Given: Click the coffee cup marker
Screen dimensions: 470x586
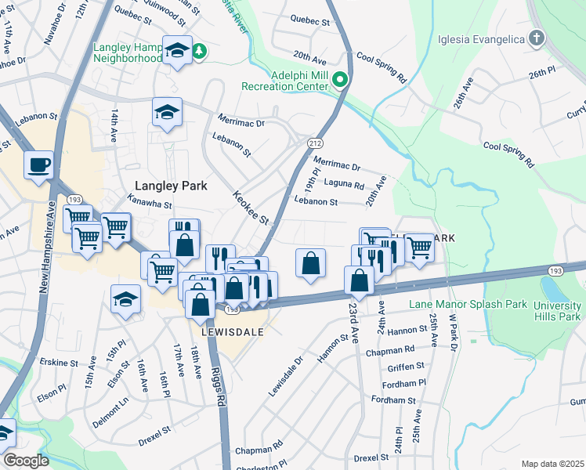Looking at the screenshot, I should click(x=38, y=165).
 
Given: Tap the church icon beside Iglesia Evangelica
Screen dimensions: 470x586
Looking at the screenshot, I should click(x=536, y=38).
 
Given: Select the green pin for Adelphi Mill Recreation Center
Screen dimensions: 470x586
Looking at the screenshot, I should click(x=340, y=79).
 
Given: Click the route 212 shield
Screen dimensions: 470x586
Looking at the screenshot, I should click(x=315, y=143).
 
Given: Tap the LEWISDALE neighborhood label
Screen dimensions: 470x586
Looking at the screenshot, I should click(x=233, y=331).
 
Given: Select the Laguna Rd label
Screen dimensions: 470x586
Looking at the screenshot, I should click(x=348, y=186).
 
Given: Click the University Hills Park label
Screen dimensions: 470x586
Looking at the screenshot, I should click(x=557, y=311).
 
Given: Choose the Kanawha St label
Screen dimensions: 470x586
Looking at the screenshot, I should click(x=150, y=204).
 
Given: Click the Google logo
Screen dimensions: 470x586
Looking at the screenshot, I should click(x=25, y=461).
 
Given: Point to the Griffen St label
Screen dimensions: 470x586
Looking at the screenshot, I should click(x=406, y=365).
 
